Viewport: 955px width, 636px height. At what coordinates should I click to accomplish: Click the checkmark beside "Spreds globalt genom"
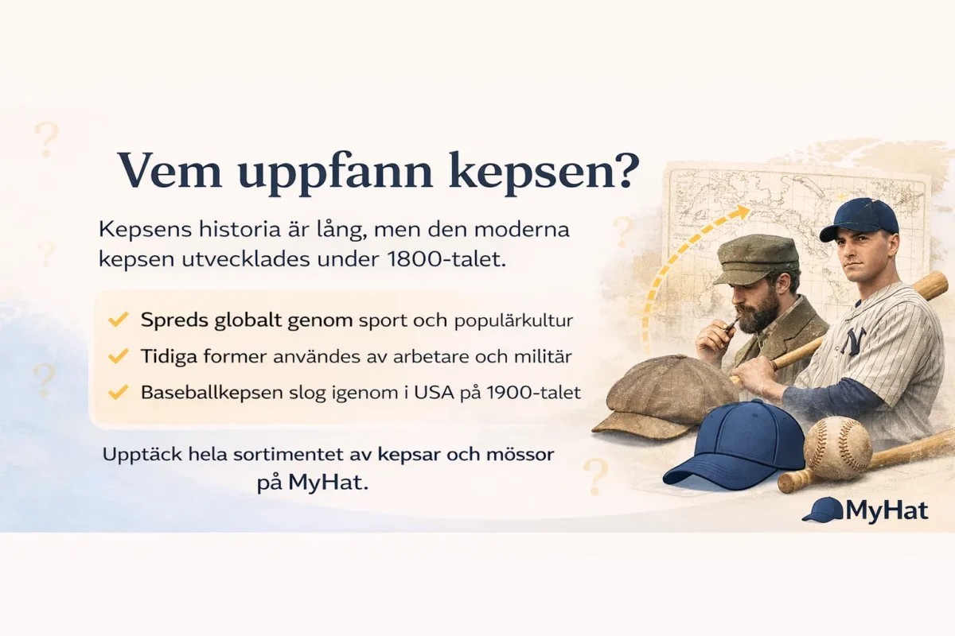click(x=119, y=320)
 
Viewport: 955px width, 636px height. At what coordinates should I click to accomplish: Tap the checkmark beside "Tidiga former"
click(x=119, y=356)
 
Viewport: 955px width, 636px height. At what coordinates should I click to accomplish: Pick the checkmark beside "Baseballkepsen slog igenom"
click(x=119, y=392)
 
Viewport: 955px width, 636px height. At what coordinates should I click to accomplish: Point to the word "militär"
click(x=545, y=356)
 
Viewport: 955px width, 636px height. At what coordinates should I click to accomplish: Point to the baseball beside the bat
click(x=838, y=448)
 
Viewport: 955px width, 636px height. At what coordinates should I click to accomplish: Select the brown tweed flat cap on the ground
click(x=663, y=395)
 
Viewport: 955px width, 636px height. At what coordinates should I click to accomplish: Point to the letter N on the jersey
click(x=854, y=341)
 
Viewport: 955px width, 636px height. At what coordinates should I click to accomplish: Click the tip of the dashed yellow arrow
click(x=747, y=211)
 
